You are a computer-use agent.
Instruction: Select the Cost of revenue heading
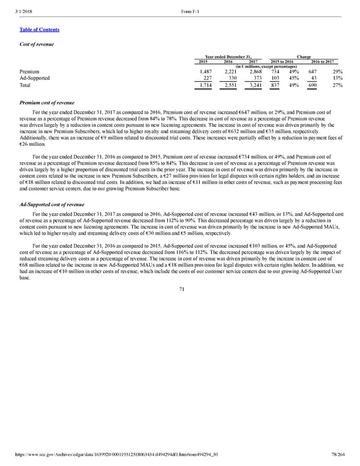37,44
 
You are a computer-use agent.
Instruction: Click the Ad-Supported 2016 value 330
233,78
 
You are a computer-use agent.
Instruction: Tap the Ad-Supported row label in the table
34,78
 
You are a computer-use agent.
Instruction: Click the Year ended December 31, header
231,56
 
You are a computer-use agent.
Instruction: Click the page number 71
180,289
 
